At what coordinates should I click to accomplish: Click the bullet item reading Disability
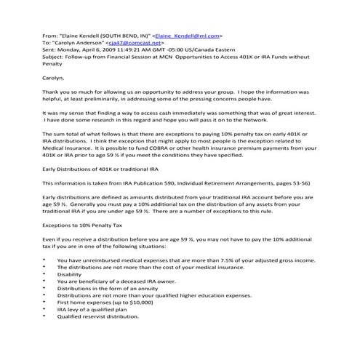(x=70, y=274)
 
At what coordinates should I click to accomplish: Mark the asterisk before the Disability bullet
(x=44, y=275)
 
